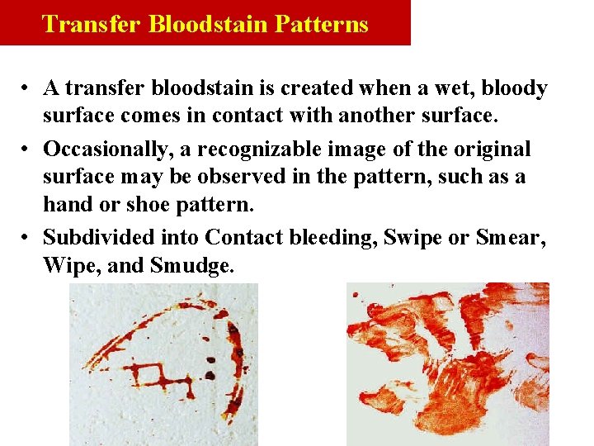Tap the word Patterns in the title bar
323,23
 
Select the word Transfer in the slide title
92,23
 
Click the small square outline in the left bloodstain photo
151,376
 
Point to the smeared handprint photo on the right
447,364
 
